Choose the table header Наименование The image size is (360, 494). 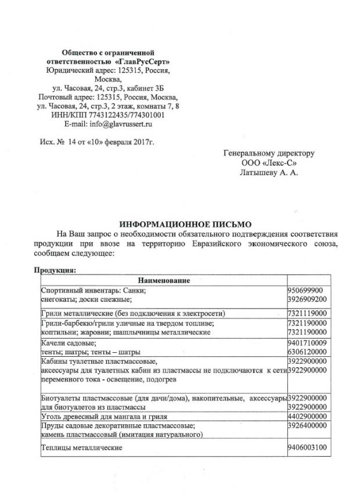click(x=164, y=281)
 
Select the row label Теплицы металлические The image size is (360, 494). click(x=81, y=448)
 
